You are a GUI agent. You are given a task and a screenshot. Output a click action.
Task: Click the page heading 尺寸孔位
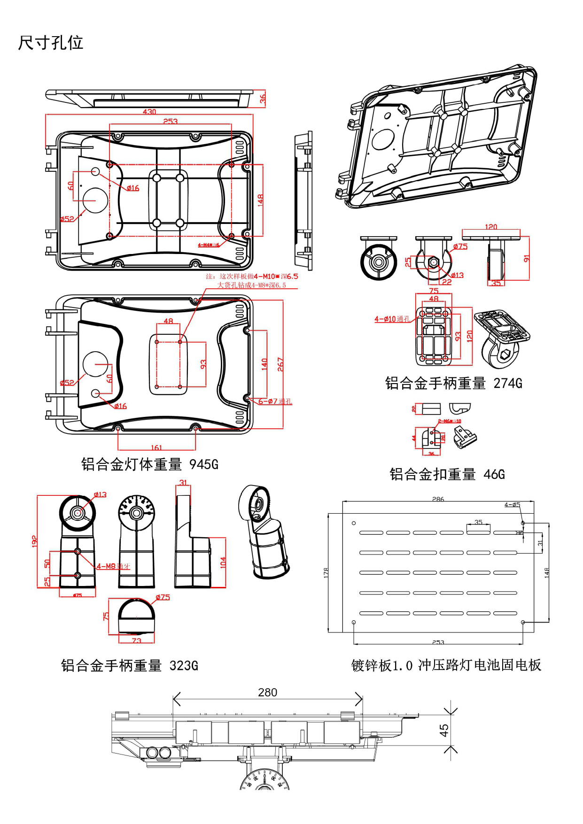[50, 43]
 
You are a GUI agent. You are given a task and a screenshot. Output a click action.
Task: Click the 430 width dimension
[149, 112]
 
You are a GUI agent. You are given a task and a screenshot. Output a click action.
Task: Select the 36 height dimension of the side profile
[263, 99]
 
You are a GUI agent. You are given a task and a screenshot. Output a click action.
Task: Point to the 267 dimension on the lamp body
[280, 364]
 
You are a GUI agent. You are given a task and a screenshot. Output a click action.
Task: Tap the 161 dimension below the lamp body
[156, 447]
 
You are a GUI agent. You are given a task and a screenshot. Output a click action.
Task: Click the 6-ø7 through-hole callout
[275, 401]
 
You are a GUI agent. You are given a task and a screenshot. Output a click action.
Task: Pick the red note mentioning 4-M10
[252, 277]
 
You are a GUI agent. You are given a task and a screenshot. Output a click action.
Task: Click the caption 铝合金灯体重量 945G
[149, 464]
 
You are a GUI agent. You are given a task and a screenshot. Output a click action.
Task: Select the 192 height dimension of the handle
[34, 541]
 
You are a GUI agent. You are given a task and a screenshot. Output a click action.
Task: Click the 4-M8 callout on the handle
[113, 566]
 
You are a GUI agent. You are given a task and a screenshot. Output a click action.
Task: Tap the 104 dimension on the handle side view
[223, 562]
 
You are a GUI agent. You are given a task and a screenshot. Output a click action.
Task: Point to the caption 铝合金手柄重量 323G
[129, 665]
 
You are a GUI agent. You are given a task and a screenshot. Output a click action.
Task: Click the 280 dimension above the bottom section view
[267, 693]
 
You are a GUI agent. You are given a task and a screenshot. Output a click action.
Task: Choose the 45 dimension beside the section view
[444, 730]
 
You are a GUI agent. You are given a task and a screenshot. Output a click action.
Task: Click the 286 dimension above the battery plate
[438, 499]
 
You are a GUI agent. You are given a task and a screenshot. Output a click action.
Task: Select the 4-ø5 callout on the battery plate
[512, 505]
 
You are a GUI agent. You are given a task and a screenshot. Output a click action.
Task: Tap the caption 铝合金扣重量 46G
[447, 474]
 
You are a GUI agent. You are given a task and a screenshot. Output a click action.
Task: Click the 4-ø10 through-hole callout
[392, 319]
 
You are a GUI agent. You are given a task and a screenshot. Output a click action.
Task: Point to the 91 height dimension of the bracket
[527, 259]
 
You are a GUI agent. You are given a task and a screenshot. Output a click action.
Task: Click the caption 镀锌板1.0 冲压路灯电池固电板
[446, 665]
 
